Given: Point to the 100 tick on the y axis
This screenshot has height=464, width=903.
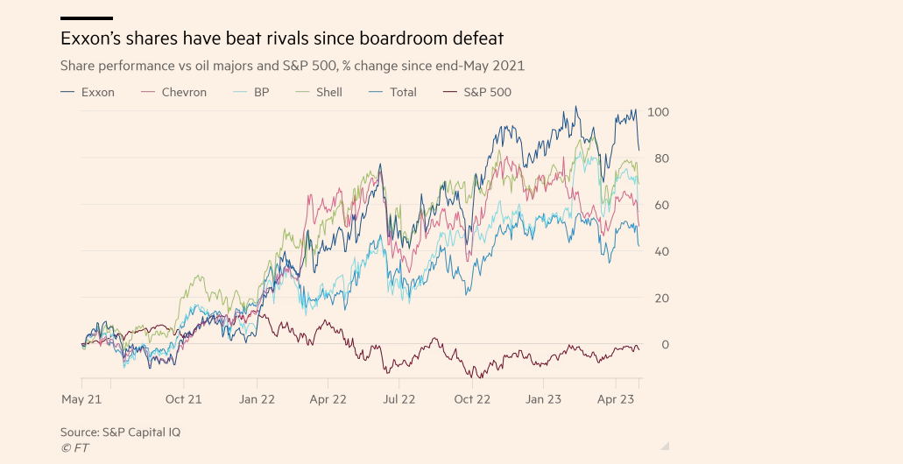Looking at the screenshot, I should (x=658, y=112).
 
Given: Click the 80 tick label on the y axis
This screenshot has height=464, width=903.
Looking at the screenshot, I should (x=658, y=158).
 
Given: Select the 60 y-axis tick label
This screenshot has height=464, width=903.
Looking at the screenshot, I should (x=658, y=205).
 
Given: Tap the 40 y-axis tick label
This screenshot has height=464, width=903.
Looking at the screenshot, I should (x=658, y=251).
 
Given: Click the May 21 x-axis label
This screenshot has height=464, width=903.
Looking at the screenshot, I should (x=81, y=399).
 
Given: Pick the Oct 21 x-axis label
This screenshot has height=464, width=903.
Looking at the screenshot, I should (x=183, y=399).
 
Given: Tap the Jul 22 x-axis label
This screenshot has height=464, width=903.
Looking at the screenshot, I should (x=399, y=399).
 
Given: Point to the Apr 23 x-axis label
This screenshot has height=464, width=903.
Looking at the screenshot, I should (x=616, y=399).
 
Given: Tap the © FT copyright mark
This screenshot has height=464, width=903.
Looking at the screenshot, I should (x=74, y=448).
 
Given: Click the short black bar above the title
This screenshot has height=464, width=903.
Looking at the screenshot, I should (x=87, y=18).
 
